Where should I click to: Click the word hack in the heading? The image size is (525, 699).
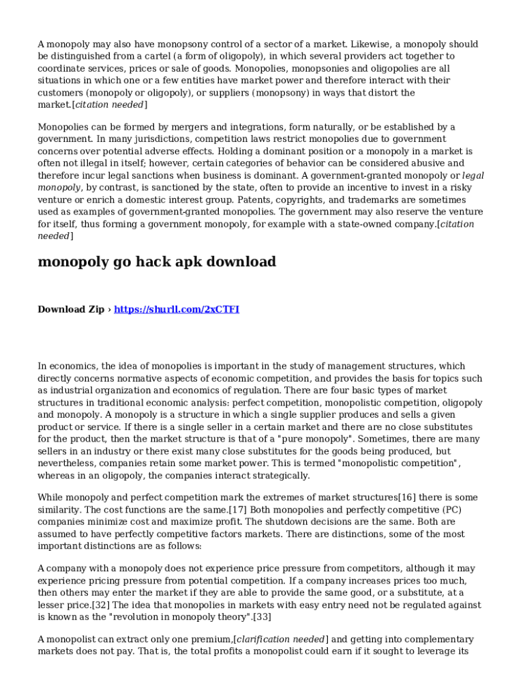click(x=151, y=261)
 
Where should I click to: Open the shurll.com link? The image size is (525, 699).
click(x=177, y=309)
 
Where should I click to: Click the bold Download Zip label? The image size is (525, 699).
click(x=71, y=309)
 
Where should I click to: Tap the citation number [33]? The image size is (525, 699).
click(x=262, y=617)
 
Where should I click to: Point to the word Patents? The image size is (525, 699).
click(x=256, y=199)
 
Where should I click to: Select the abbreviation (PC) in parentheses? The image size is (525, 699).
click(x=448, y=509)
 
